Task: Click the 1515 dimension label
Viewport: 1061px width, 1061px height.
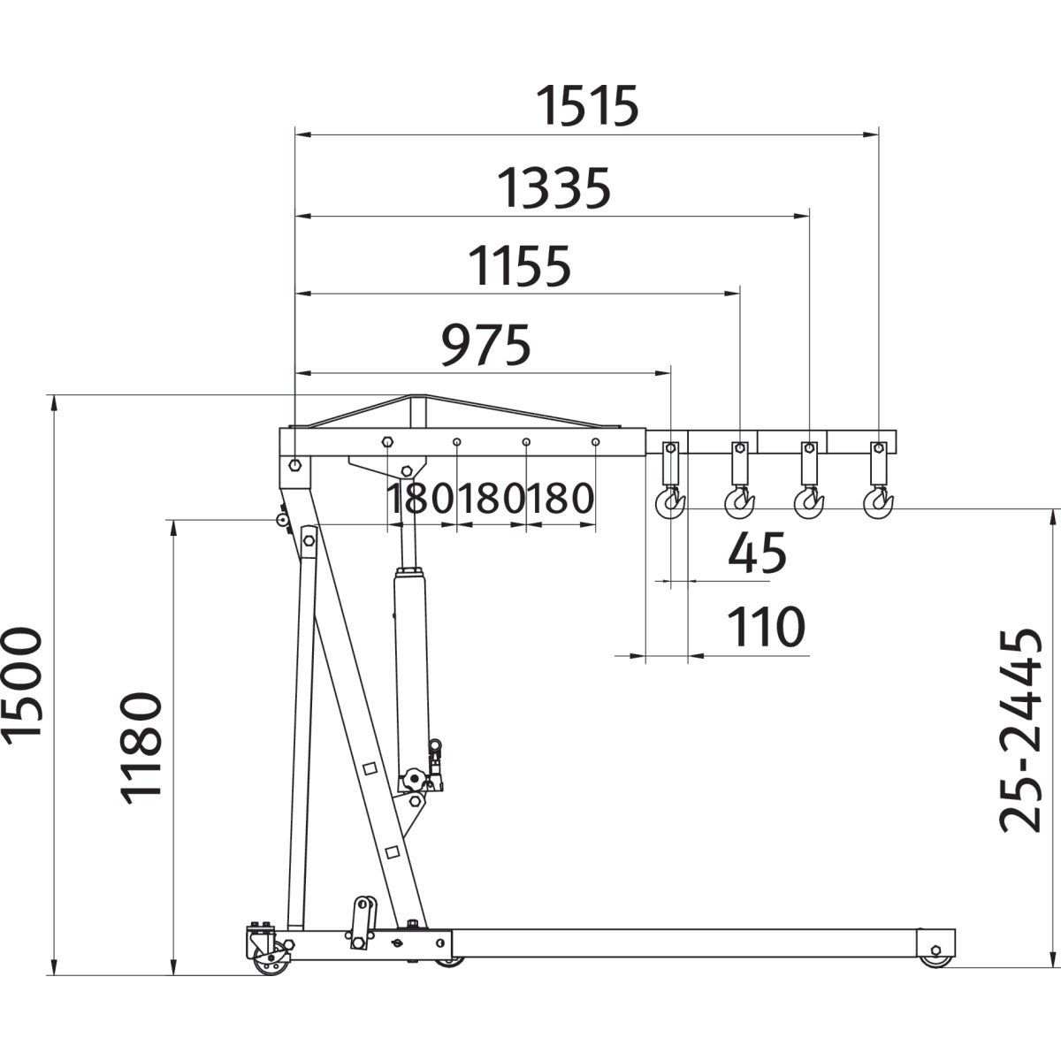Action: click(587, 105)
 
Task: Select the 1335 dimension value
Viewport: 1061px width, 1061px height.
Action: click(553, 188)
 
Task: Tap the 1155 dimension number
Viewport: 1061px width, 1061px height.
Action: click(519, 267)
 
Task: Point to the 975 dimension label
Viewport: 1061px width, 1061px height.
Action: click(485, 345)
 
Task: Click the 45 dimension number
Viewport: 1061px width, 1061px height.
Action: click(757, 553)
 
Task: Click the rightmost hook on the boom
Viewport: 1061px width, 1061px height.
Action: click(878, 503)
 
